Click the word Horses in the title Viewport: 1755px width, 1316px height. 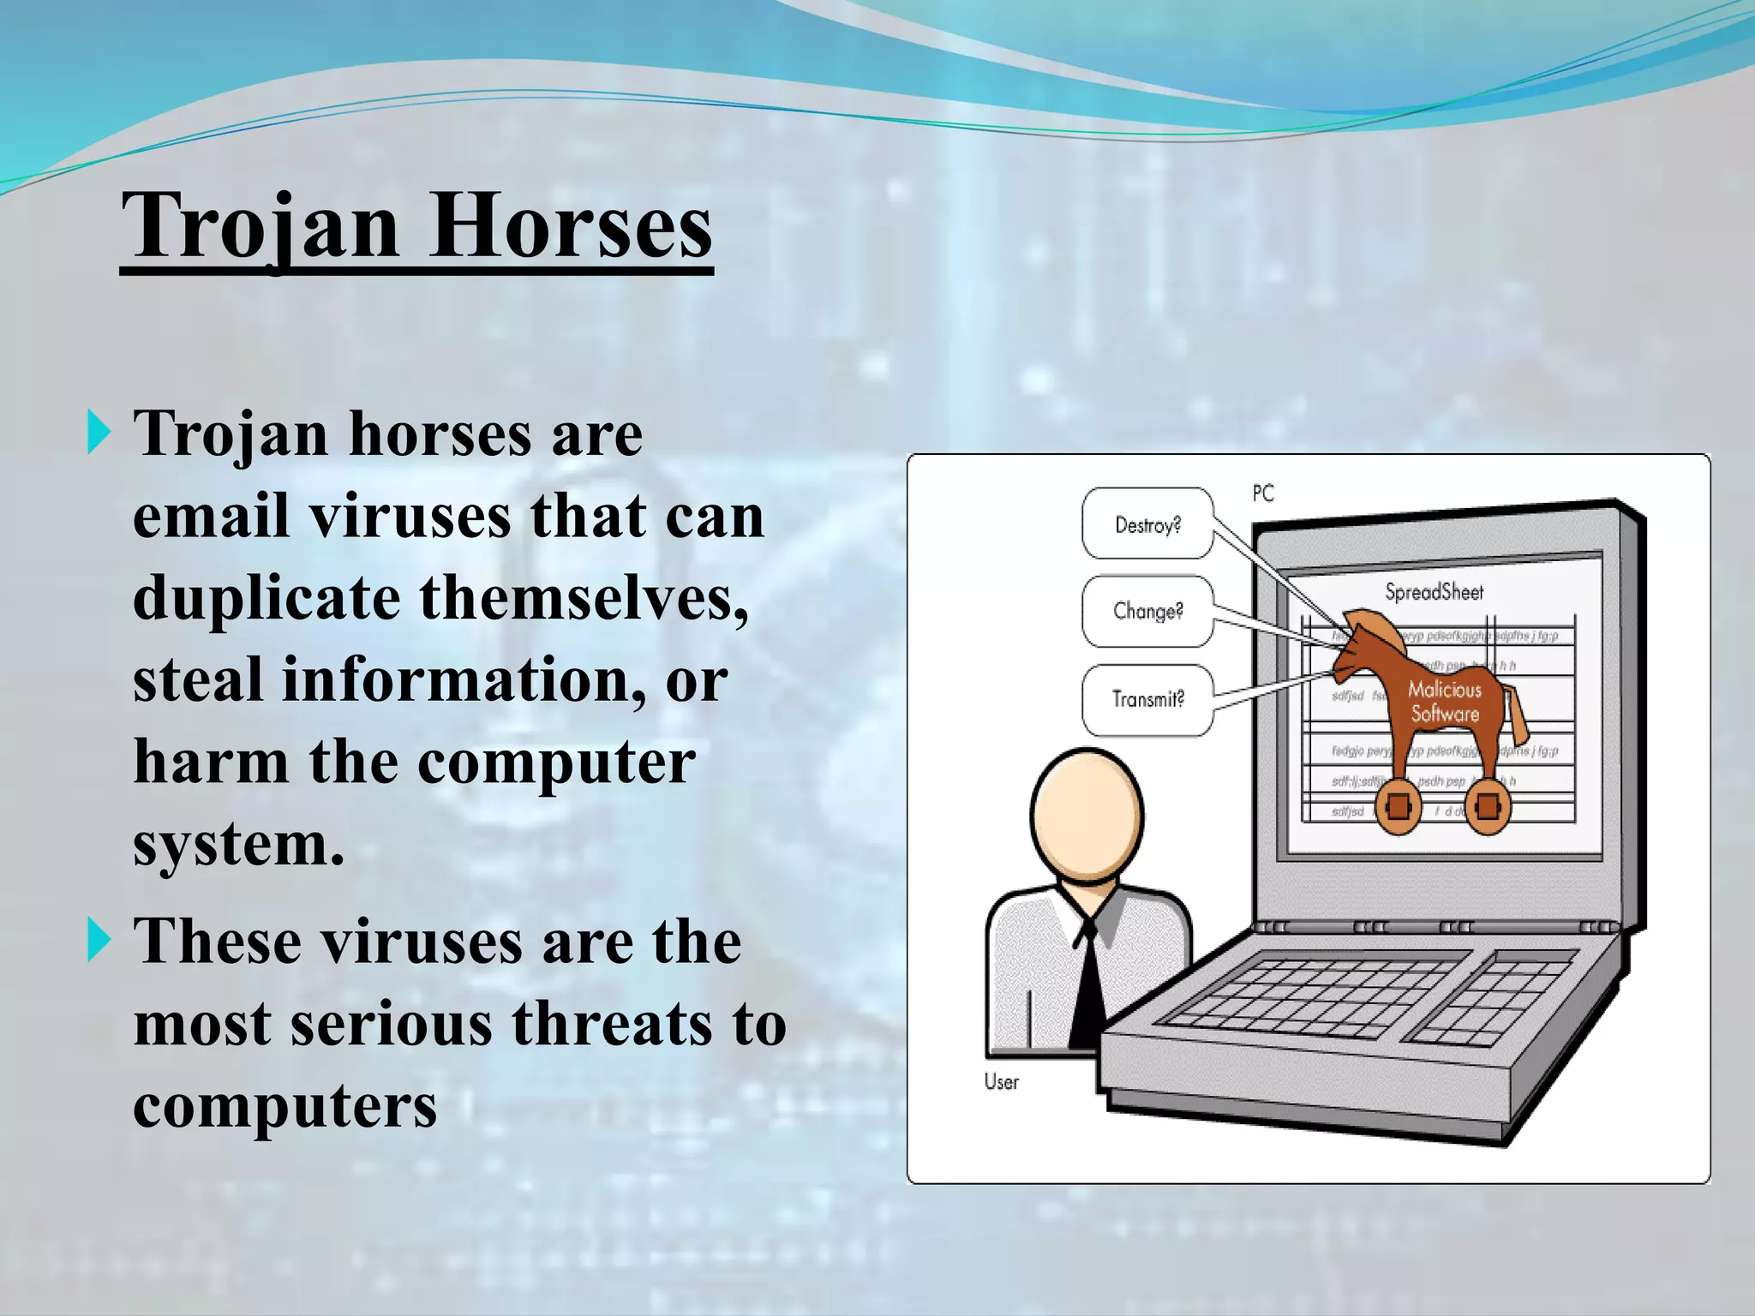(x=570, y=225)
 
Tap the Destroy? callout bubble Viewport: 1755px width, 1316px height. (x=1147, y=524)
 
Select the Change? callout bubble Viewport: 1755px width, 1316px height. (x=1147, y=611)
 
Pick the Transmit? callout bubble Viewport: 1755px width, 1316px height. (x=1147, y=699)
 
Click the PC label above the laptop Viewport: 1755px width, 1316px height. (x=1263, y=493)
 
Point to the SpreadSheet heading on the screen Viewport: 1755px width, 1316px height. (x=1434, y=592)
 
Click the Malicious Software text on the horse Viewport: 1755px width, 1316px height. (x=1445, y=702)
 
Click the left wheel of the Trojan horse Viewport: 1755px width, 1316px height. (x=1398, y=807)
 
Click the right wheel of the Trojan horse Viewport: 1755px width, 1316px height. (x=1488, y=807)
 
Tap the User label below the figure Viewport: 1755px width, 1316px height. (x=1001, y=1082)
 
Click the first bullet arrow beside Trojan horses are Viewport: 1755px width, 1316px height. (x=99, y=433)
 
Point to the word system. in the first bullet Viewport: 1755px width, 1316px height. (x=238, y=844)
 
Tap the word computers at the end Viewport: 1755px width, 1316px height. (x=285, y=1106)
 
